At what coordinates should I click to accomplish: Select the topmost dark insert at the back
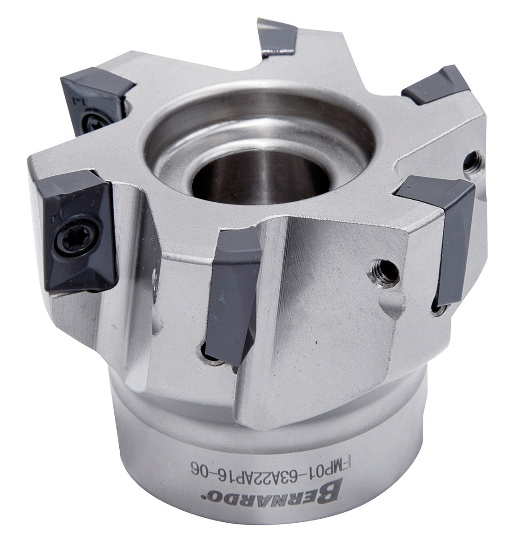tap(277, 37)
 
